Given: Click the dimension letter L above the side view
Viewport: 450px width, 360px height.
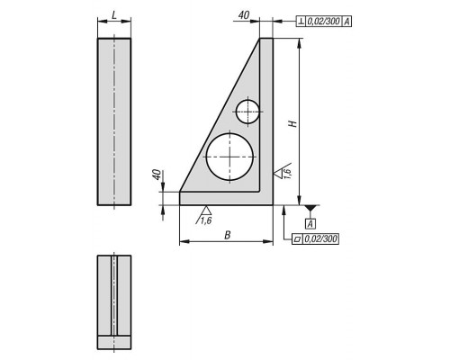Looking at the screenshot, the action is [114, 15].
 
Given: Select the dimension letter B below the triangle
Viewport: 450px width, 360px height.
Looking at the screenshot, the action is [228, 235].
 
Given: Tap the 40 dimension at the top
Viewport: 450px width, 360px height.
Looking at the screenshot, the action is [244, 15].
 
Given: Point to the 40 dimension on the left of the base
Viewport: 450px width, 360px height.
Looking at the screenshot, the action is [157, 175].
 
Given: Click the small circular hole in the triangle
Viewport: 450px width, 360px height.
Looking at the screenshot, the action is [247, 112].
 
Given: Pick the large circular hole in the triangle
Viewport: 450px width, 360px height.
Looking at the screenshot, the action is [229, 157].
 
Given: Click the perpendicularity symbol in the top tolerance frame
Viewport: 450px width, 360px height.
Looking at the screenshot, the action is [301, 22].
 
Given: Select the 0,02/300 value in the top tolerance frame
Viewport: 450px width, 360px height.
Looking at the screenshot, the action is [324, 22].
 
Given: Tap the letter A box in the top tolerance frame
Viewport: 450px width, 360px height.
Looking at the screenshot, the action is [346, 22].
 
